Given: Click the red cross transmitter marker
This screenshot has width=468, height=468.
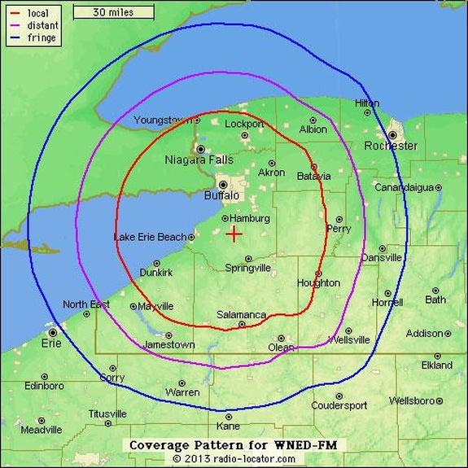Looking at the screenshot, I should click(x=234, y=234).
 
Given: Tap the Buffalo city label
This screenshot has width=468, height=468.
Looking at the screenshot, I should click(x=221, y=196).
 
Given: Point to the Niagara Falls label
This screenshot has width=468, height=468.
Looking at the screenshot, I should click(x=199, y=160).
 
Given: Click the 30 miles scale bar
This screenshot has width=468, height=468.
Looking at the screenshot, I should click(x=113, y=12).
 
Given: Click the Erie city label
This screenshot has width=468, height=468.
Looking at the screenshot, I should click(x=51, y=343).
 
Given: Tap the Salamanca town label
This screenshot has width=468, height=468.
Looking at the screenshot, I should click(x=241, y=315).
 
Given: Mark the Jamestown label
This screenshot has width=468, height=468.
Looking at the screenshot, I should click(x=168, y=344).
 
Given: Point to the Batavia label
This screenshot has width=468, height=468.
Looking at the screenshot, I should click(x=313, y=176).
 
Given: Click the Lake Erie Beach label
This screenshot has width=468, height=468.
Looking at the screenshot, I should click(x=150, y=237).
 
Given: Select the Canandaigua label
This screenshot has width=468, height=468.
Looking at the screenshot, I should click(x=404, y=187).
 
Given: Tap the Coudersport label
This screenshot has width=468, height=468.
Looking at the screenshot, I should click(x=339, y=405).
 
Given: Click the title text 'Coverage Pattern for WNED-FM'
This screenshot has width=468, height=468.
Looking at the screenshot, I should click(x=234, y=444).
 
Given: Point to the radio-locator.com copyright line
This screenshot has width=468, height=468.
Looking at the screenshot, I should click(x=234, y=459).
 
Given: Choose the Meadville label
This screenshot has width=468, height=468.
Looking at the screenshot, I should click(x=41, y=430).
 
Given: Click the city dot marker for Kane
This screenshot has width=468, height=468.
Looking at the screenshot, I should click(x=230, y=416).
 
